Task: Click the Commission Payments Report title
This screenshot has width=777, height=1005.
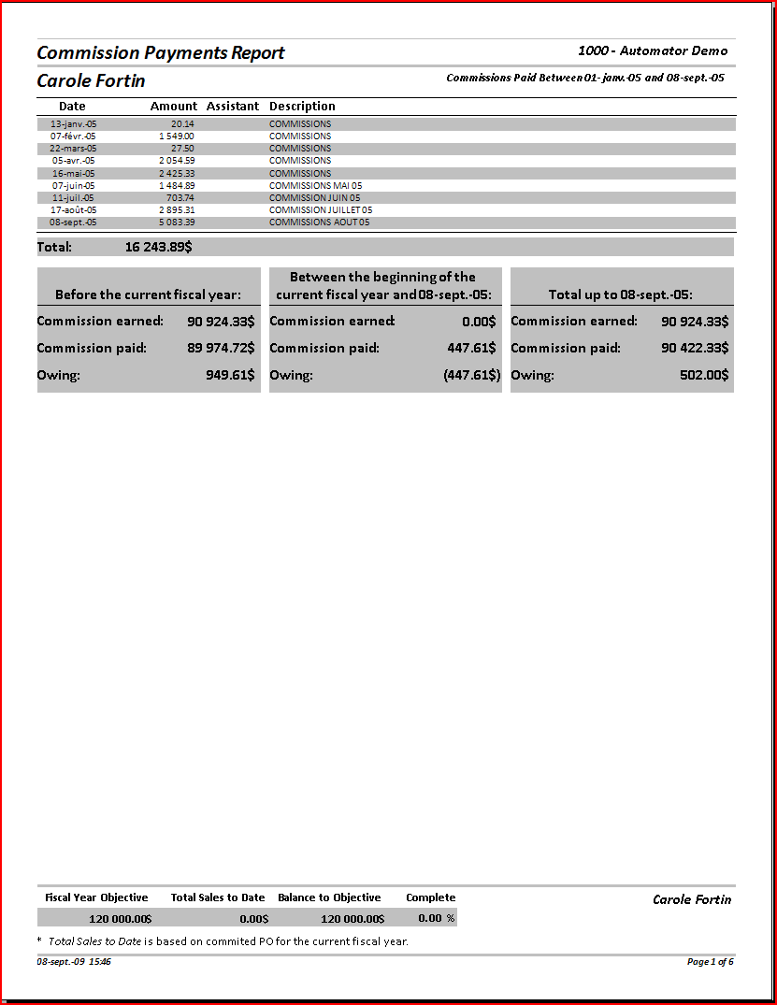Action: click(161, 53)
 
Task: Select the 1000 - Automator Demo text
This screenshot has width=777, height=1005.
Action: click(653, 51)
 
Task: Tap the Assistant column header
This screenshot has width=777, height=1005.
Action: click(233, 107)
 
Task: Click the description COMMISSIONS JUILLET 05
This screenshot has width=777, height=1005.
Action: click(321, 210)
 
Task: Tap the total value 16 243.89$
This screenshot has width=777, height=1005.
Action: click(159, 248)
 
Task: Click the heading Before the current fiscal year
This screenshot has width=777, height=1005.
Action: click(148, 294)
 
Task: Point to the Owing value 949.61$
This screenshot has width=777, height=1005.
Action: click(230, 375)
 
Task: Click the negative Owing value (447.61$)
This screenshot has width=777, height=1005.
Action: click(471, 375)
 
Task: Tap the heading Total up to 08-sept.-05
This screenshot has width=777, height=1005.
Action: click(620, 294)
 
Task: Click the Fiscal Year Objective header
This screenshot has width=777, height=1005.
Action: click(96, 897)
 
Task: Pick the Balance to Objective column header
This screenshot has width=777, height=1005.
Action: click(329, 897)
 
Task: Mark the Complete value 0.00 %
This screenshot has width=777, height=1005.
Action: click(436, 918)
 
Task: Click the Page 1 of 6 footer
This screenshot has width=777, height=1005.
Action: click(710, 961)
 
